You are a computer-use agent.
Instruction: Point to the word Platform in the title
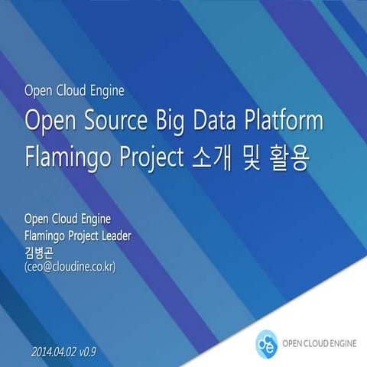[x=284, y=122]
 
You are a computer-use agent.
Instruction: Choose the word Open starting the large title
[x=47, y=122]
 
